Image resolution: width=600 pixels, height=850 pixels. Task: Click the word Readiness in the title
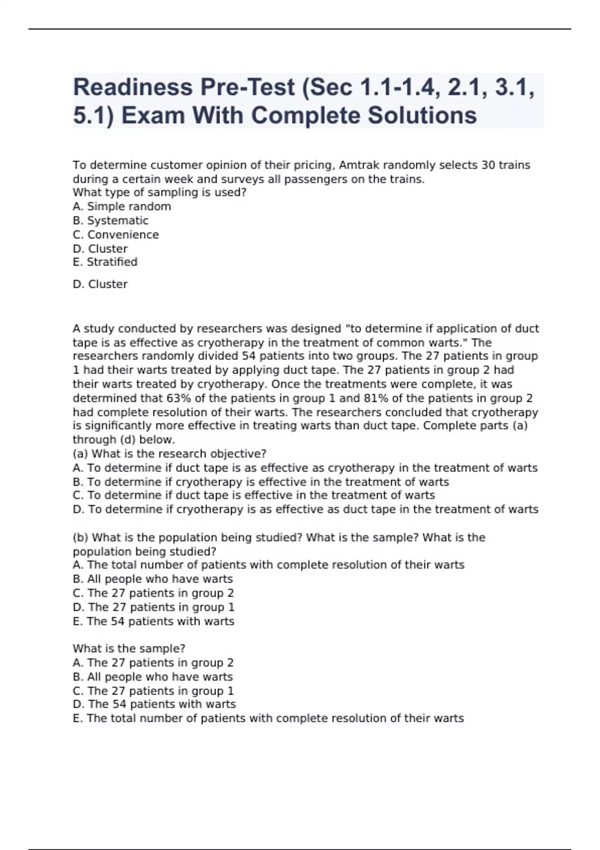133,87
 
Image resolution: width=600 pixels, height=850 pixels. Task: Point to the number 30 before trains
488,165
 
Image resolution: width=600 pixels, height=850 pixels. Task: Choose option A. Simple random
122,206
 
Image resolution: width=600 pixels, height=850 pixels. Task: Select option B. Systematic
110,220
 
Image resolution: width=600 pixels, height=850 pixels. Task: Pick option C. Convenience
116,234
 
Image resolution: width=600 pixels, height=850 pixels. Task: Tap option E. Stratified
105,262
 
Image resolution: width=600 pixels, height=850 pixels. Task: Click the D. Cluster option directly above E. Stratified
100,248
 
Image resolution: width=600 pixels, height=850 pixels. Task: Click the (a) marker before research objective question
80,454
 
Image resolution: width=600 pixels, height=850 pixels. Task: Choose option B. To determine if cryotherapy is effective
261,482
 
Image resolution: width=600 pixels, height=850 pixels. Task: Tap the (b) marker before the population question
80,537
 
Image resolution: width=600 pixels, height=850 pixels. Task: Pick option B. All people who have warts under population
153,579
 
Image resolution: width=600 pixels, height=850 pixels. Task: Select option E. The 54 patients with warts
153,621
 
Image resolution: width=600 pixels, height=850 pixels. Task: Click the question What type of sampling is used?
160,192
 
